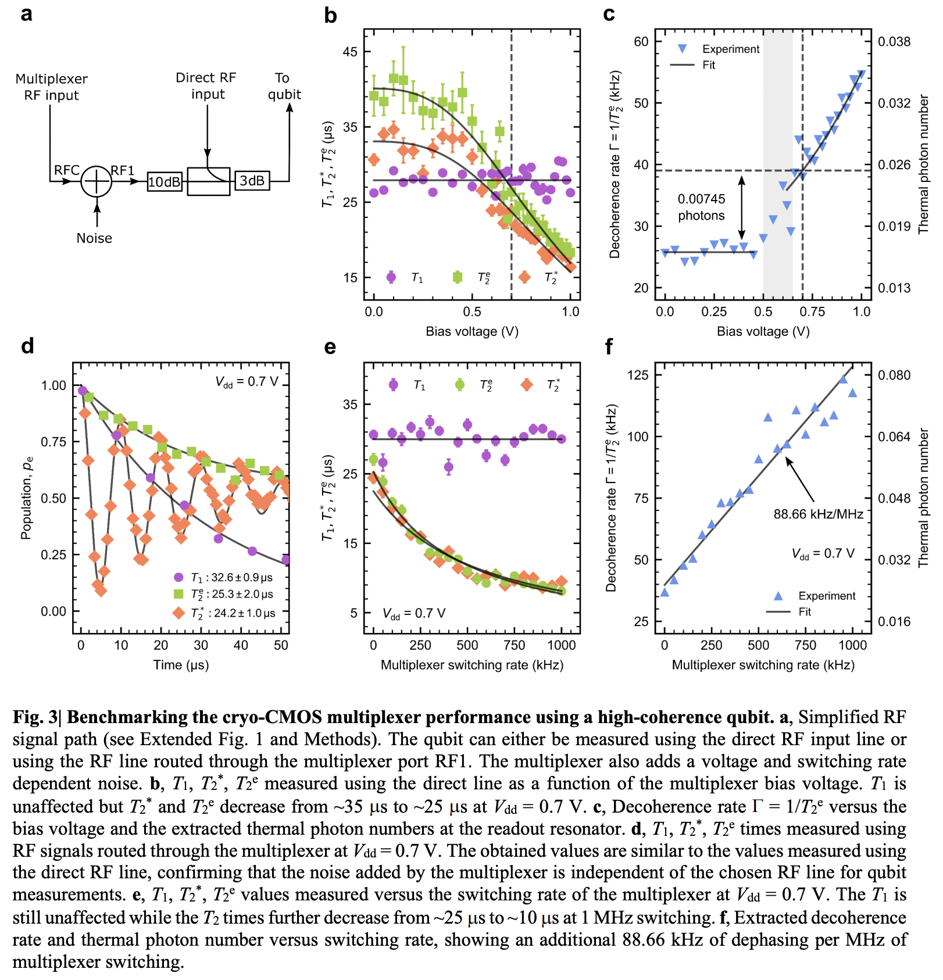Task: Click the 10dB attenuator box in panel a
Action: [165, 182]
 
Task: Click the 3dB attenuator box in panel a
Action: [252, 181]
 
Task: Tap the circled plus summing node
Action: [97, 181]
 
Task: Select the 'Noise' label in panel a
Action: [94, 238]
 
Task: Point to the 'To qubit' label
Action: [284, 86]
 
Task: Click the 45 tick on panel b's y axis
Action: [350, 52]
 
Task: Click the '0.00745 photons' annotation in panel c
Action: [701, 207]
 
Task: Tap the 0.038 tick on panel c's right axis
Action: [894, 42]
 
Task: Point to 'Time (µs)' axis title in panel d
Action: [181, 665]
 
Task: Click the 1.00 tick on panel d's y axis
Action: [53, 385]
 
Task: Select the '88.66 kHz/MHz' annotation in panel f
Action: [818, 514]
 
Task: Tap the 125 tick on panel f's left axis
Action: [638, 375]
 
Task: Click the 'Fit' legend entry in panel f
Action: [805, 611]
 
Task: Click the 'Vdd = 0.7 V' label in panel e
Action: [414, 613]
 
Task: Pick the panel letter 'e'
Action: [330, 347]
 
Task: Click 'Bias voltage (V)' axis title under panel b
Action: [471, 331]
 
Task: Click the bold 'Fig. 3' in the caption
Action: [36, 717]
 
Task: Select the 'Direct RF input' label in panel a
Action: [206, 86]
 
